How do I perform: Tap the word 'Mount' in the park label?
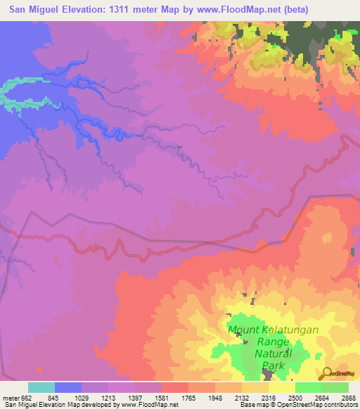[x=243, y=329]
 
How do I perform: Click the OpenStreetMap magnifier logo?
[x=328, y=375]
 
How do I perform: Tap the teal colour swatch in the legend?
[x=41, y=387]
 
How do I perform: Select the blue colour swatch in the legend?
[x=68, y=387]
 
